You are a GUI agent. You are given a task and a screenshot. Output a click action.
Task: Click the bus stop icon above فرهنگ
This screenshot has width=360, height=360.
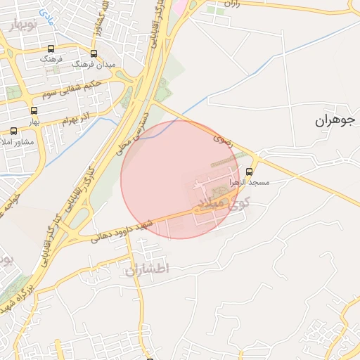coord(50,49)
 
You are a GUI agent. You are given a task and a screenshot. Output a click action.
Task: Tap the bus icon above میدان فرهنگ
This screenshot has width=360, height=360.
coord(94,53)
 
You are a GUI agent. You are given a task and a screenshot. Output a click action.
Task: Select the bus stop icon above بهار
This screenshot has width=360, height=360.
coord(34,110)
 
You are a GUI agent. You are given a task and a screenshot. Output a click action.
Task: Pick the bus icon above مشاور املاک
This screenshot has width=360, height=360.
coord(13,131)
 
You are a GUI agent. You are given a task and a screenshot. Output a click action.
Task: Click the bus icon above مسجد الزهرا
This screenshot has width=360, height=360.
coord(249,172)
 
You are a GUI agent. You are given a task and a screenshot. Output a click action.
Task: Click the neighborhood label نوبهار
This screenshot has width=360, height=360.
coord(26,25)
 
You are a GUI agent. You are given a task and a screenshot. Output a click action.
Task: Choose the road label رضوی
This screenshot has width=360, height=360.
coord(221,140)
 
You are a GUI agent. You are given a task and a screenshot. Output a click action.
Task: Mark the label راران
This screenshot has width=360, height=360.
coord(233,4)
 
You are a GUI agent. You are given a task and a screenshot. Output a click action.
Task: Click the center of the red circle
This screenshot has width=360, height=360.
coord(180,179)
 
